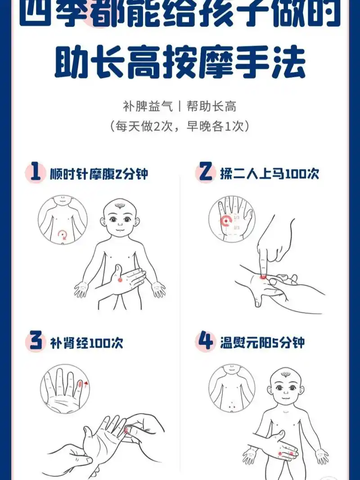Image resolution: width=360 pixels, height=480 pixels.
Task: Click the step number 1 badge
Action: [x=35, y=173]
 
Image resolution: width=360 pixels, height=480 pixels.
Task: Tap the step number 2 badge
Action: [x=205, y=173]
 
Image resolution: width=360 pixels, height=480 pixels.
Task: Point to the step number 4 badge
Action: [x=205, y=342]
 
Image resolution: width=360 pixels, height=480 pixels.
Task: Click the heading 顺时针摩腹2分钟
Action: [x=99, y=174]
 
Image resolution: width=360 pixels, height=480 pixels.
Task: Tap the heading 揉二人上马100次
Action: [x=269, y=173]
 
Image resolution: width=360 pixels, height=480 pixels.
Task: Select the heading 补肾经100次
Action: [x=85, y=343]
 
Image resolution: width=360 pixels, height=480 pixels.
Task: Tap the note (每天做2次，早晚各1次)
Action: [x=180, y=126]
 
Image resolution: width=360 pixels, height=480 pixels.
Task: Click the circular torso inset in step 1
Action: [x=63, y=220]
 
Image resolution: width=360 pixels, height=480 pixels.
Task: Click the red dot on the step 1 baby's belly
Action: [x=120, y=279]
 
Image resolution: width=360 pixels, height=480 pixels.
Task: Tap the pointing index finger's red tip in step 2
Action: [x=263, y=275]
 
